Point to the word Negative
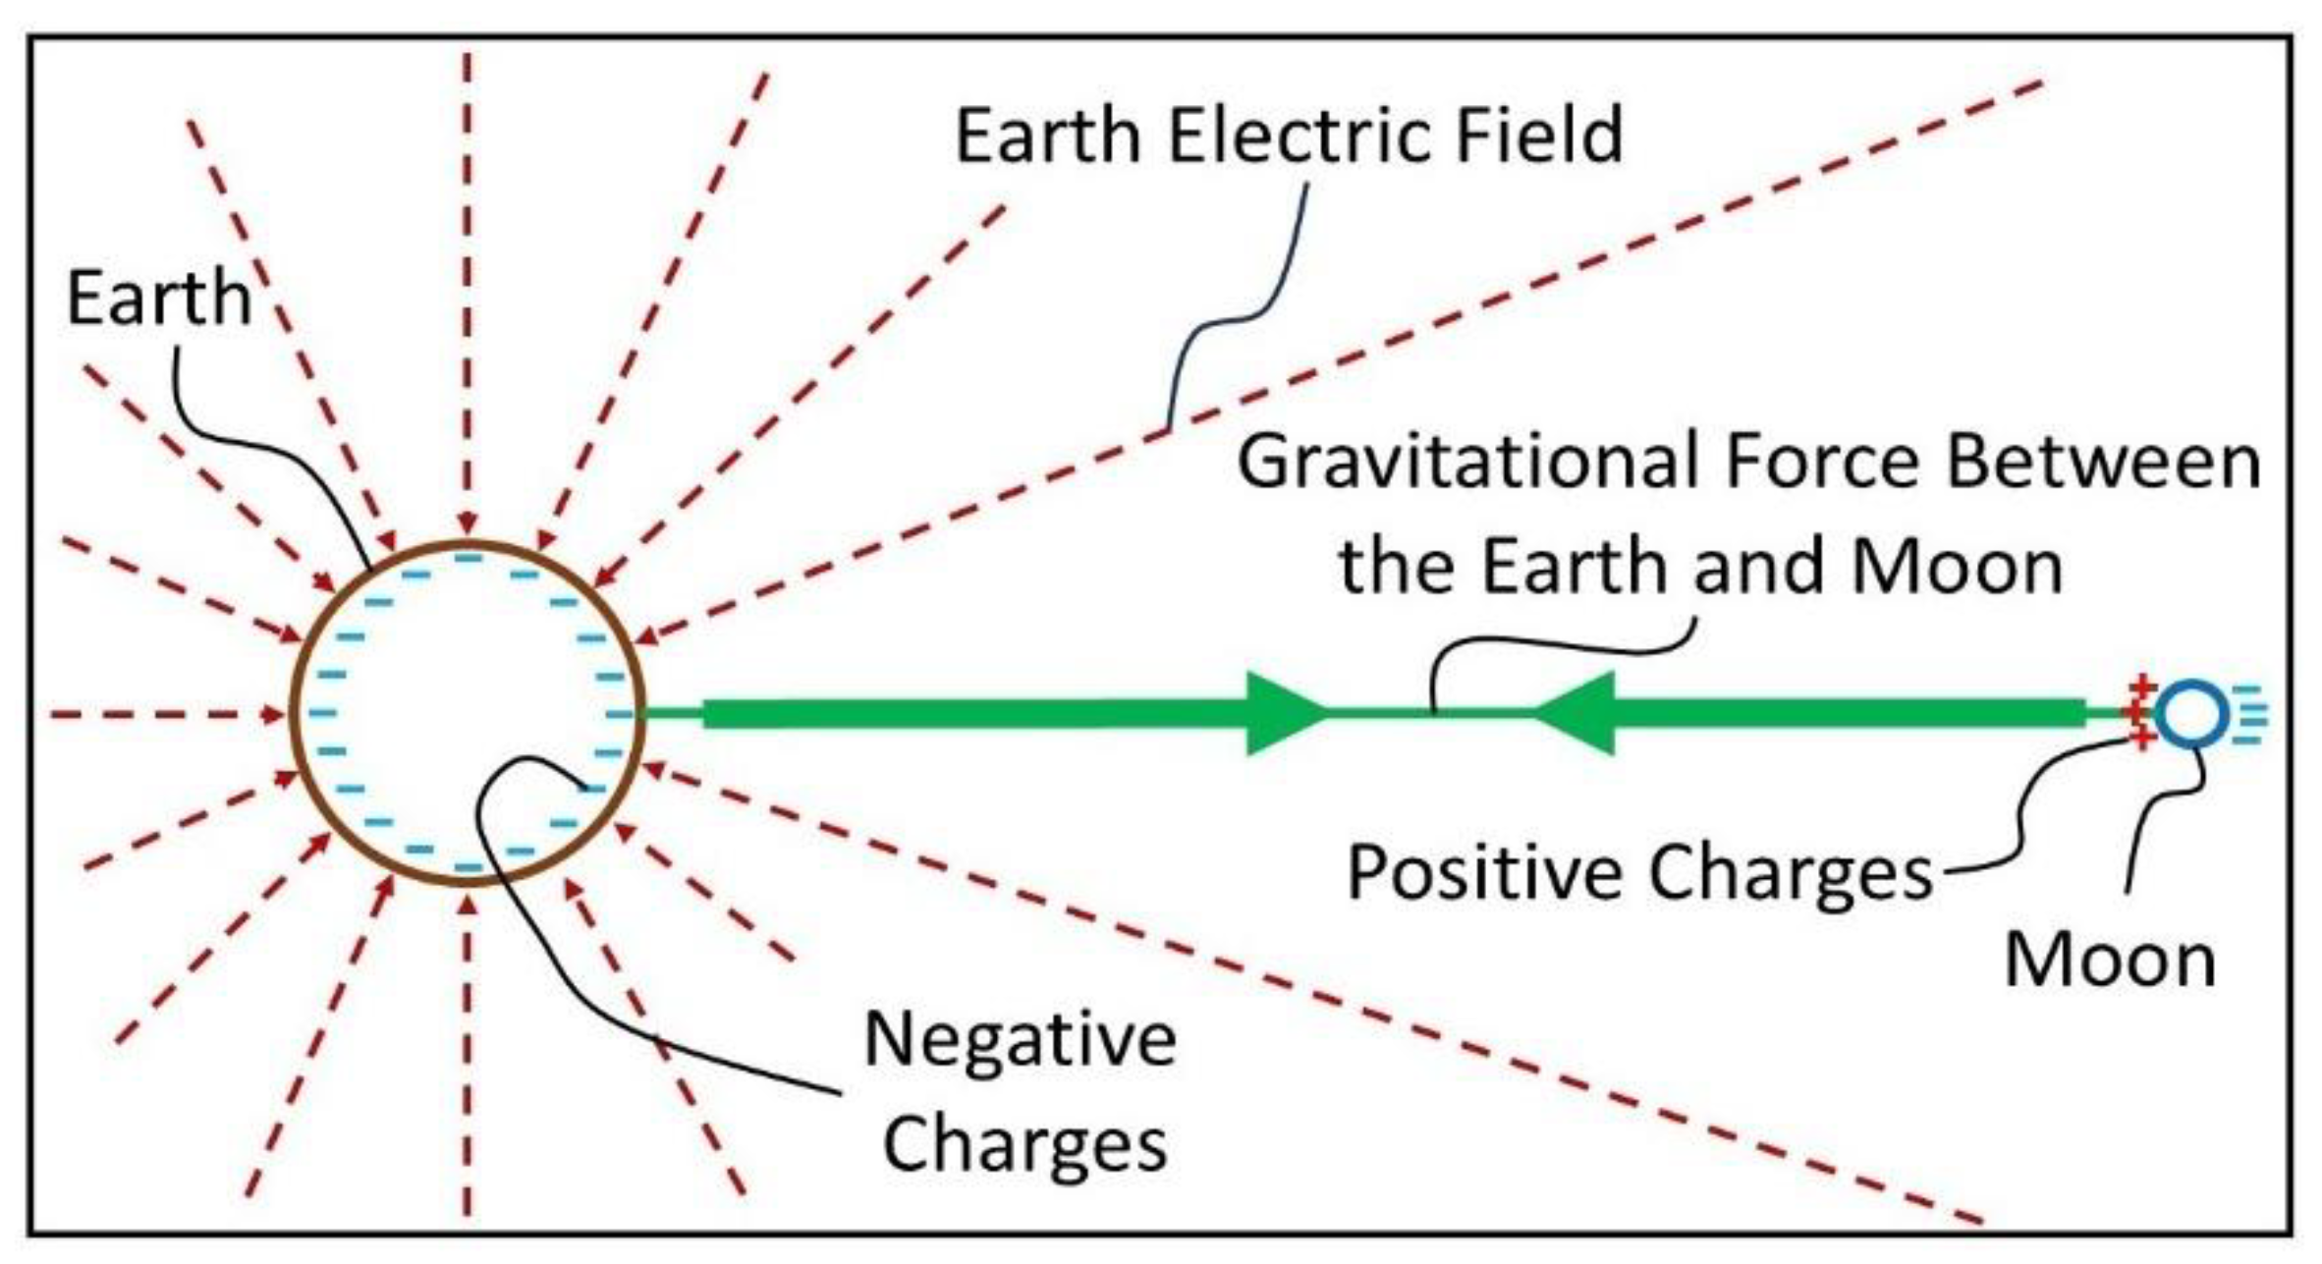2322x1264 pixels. tap(1020, 1039)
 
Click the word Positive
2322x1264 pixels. tap(1484, 872)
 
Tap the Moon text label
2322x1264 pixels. tap(2110, 960)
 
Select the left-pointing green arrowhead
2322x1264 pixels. tap(1577, 714)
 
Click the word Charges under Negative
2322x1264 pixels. tap(1024, 1142)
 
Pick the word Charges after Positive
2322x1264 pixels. tap(1790, 872)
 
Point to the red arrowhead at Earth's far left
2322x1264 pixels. tap(273, 715)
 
